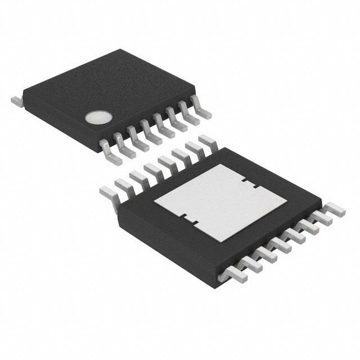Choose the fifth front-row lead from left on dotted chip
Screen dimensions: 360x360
162,121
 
